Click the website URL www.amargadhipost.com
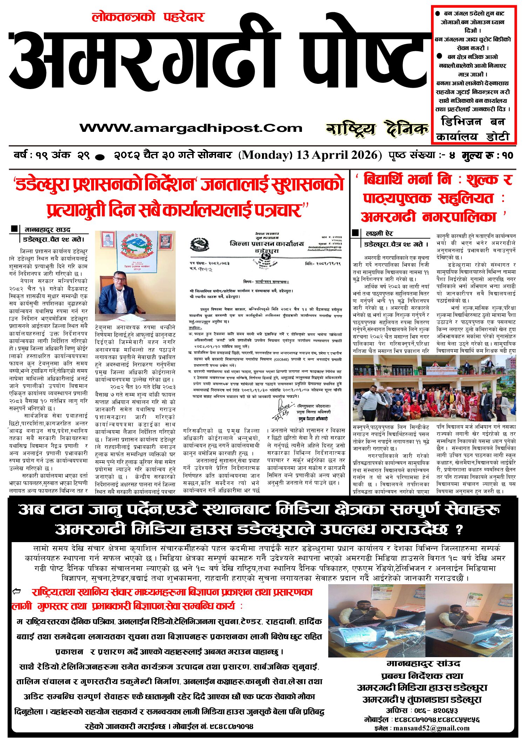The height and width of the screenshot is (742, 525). pos(191,128)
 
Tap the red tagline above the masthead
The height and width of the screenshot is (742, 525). pos(148,17)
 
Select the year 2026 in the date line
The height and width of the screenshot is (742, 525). pos(365,155)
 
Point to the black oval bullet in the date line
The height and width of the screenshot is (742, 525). pos(100,157)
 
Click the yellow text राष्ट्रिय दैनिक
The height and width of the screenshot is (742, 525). pos(377,129)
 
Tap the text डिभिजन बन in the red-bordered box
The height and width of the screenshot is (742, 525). pos(473,122)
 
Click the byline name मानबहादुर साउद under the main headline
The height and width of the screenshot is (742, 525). pos(47,230)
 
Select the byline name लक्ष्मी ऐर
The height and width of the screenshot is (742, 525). pos(379,233)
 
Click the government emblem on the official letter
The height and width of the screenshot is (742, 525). pos(200,244)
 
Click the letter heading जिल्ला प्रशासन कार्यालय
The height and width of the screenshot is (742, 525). pos(267,244)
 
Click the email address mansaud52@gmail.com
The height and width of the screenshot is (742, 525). pos(431,728)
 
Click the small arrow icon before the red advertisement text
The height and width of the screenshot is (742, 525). pos(16,592)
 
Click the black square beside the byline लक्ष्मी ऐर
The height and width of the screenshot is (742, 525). pos(355,232)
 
